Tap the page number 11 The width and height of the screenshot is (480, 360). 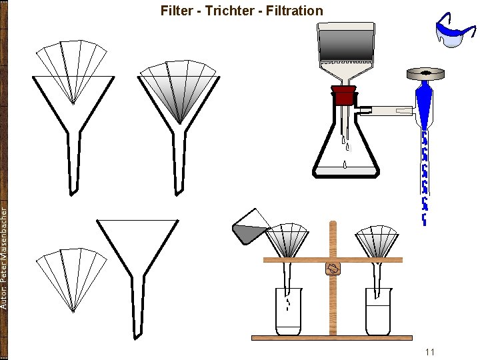(429, 351)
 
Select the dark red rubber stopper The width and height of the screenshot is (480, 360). (343, 95)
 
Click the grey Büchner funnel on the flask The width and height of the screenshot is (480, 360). (345, 47)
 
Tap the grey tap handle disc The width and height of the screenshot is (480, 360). (426, 71)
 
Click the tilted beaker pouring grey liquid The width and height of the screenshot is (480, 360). (250, 227)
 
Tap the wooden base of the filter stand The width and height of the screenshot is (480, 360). (331, 338)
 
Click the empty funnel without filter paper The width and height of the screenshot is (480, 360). (136, 260)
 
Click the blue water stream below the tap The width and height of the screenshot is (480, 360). (424, 173)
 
